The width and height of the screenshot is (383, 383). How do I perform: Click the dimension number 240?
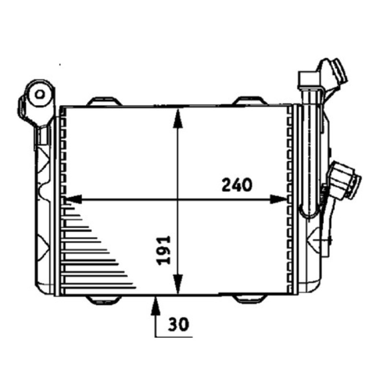point(237,185)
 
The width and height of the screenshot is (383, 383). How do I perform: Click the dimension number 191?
point(164,250)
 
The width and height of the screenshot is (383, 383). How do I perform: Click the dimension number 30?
point(179,324)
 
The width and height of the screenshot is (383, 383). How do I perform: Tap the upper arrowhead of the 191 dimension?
point(178,118)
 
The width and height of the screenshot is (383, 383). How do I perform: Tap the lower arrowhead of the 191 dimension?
point(178,284)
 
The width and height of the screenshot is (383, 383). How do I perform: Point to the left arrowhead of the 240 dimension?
point(73,199)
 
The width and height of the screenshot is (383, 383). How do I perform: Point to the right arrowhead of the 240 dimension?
point(278,199)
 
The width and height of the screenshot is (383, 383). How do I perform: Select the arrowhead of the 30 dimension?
point(155,305)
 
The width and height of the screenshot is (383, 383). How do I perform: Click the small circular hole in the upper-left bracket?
point(40,94)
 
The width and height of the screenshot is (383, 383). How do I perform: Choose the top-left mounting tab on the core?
point(104,101)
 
